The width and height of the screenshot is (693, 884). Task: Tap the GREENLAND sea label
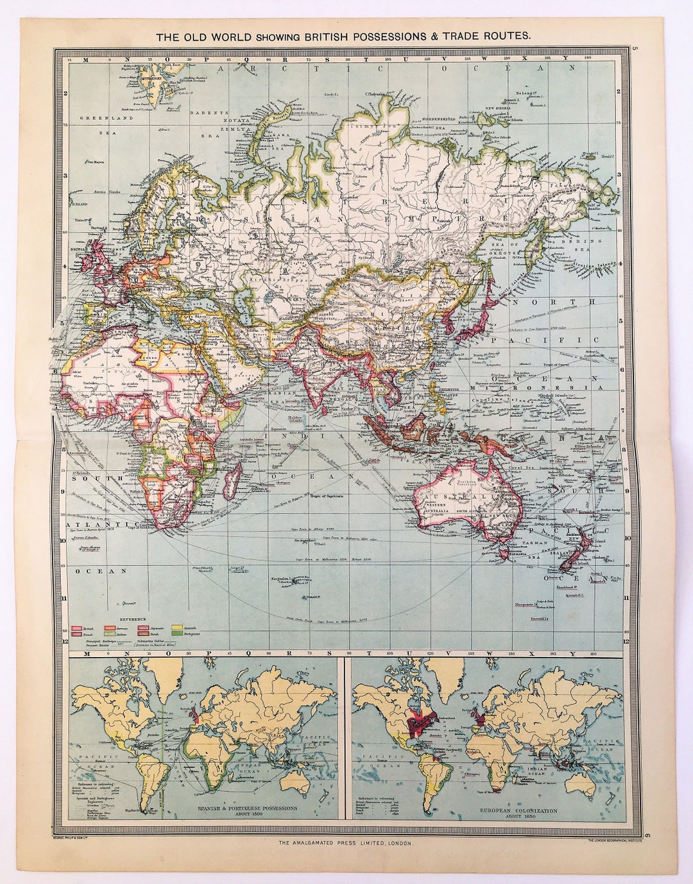(x=97, y=119)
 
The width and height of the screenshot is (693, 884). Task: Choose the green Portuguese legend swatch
(x=176, y=633)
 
